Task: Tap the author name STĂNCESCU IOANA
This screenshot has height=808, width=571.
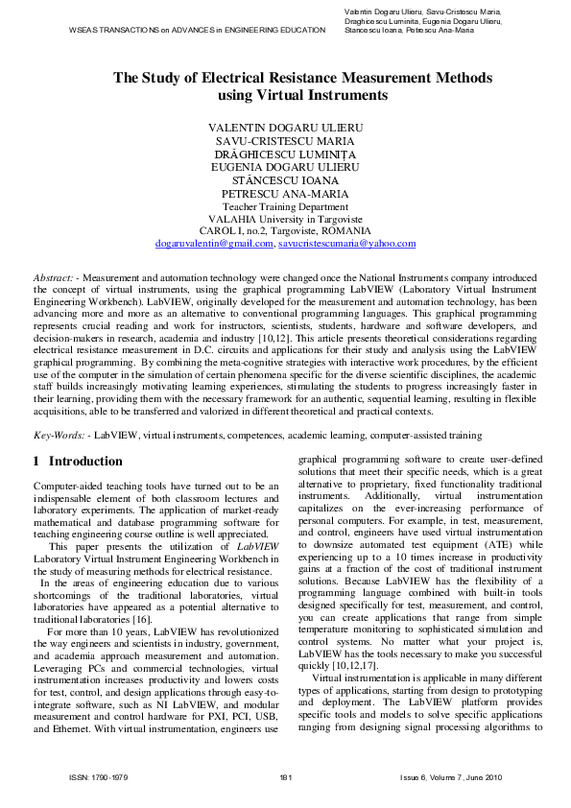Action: coord(285,179)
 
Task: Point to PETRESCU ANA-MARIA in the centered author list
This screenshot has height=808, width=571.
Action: coord(285,193)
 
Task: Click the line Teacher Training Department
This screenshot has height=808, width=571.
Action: coord(285,206)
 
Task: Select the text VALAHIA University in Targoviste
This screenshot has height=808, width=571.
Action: coord(285,219)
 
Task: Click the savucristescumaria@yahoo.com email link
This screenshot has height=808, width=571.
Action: coord(346,244)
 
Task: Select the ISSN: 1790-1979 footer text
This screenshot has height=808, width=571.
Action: coord(99,776)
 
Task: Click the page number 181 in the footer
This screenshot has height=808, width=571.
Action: coord(285,776)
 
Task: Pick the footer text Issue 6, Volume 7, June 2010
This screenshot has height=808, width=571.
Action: coord(451,776)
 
